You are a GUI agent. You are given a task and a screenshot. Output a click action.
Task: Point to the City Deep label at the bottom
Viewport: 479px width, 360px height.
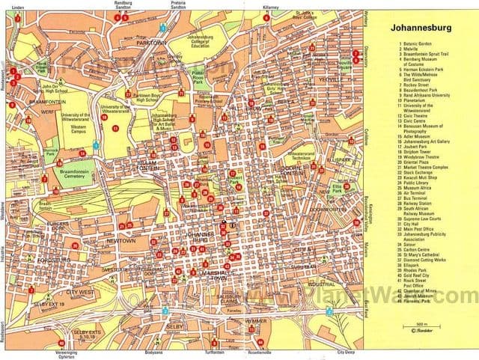pos(344,353)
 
